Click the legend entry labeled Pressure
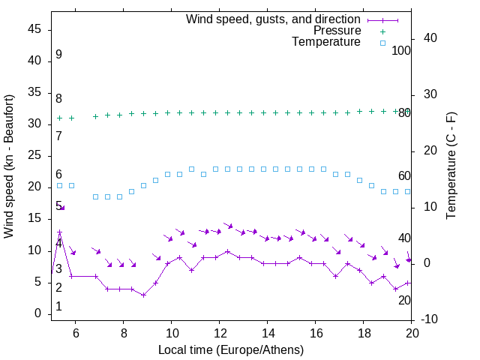(337, 31)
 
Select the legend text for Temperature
(326, 42)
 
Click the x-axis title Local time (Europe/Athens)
(231, 349)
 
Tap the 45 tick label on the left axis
(34, 29)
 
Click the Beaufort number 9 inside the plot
(58, 55)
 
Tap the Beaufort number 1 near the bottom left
(58, 307)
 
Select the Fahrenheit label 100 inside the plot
(402, 51)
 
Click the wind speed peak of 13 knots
(59, 232)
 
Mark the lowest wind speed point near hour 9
(143, 295)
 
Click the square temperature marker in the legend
(382, 43)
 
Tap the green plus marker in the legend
(382, 31)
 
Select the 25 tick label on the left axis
(34, 155)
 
